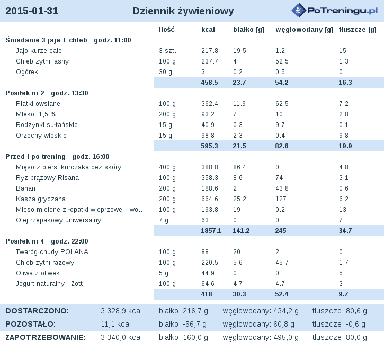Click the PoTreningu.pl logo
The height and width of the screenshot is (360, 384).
coord(335,10)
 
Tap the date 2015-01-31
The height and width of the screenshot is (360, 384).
coord(32,11)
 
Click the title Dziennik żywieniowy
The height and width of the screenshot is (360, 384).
coord(183,11)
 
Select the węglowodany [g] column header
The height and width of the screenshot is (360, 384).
coord(304,30)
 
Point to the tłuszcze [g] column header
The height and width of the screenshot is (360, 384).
coord(358,30)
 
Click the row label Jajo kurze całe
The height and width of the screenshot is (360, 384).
coord(39,51)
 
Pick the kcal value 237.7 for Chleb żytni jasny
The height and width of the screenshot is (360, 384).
coord(209,61)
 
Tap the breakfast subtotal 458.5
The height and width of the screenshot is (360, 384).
coord(209,83)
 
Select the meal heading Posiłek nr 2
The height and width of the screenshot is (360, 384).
coord(25,93)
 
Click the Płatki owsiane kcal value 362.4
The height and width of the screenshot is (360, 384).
coord(210,104)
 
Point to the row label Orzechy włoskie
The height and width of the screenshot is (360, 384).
coord(41,136)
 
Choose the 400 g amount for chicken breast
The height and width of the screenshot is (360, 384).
coord(167,167)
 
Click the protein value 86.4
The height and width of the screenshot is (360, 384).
coord(239,167)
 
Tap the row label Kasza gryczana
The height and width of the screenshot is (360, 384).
coord(41,199)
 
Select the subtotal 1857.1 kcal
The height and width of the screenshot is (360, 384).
coord(211,231)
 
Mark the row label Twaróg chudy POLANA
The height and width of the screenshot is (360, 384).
coord(52,252)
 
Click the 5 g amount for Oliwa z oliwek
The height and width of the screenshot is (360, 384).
coord(164,273)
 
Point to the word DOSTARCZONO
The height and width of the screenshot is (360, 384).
coord(37,311)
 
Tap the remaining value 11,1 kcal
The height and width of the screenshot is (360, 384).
coord(116,324)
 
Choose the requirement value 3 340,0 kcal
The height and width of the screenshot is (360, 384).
coord(121,337)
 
